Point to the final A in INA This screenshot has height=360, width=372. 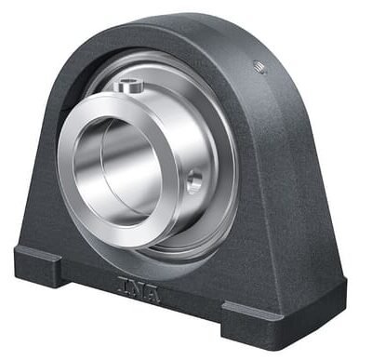tap(151, 294)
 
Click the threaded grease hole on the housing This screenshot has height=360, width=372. tap(259, 67)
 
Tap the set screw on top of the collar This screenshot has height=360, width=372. tap(128, 86)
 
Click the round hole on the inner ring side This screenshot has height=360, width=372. tap(194, 181)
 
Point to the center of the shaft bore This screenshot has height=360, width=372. tap(117, 170)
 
